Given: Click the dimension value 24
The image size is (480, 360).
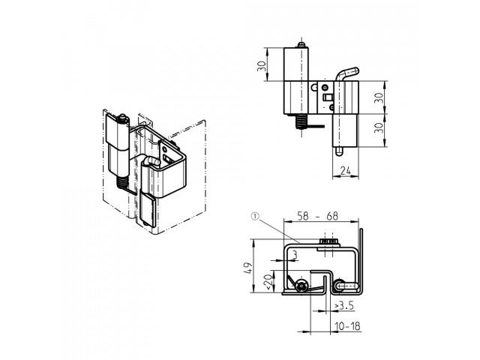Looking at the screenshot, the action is [x=346, y=171].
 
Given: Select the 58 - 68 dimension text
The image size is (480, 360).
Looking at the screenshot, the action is [x=318, y=216].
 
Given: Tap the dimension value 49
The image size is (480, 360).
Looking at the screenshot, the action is [x=248, y=268].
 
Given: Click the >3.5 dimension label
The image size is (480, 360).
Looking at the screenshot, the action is [x=344, y=305].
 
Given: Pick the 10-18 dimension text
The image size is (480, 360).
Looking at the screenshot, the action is [x=348, y=326].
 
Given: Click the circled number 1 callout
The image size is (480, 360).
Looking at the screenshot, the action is [x=255, y=217].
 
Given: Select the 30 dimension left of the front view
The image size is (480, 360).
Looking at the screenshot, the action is [x=262, y=66].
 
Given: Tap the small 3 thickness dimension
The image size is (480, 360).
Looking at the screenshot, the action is [x=295, y=255].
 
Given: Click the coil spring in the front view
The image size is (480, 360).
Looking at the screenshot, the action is [x=301, y=121].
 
